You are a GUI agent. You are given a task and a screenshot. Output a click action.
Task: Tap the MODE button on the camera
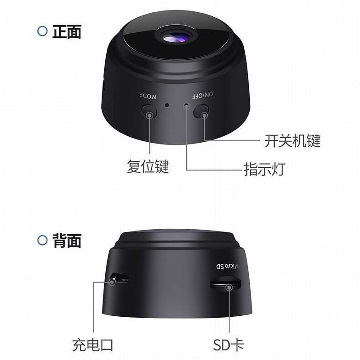pyautogui.click(x=149, y=111)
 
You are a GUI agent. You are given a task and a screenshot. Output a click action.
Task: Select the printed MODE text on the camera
pyautogui.click(x=148, y=96)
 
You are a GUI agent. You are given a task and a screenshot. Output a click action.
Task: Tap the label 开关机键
pyautogui.click(x=292, y=141)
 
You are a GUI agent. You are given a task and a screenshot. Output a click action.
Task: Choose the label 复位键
pyautogui.click(x=148, y=167)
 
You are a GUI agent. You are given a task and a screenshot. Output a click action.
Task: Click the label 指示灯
pyautogui.click(x=264, y=170)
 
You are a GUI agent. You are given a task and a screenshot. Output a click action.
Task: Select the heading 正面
pyautogui.click(x=67, y=31)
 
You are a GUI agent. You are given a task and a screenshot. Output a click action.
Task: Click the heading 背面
pyautogui.click(x=67, y=240)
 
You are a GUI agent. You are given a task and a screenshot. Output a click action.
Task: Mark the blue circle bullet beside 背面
pyautogui.click(x=42, y=240)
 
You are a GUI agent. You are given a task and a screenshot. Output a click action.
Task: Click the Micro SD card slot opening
pyautogui.click(x=225, y=286)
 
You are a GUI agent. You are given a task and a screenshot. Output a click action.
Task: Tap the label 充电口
pyautogui.click(x=93, y=345)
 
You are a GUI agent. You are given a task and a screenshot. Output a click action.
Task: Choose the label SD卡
pyautogui.click(x=229, y=345)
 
